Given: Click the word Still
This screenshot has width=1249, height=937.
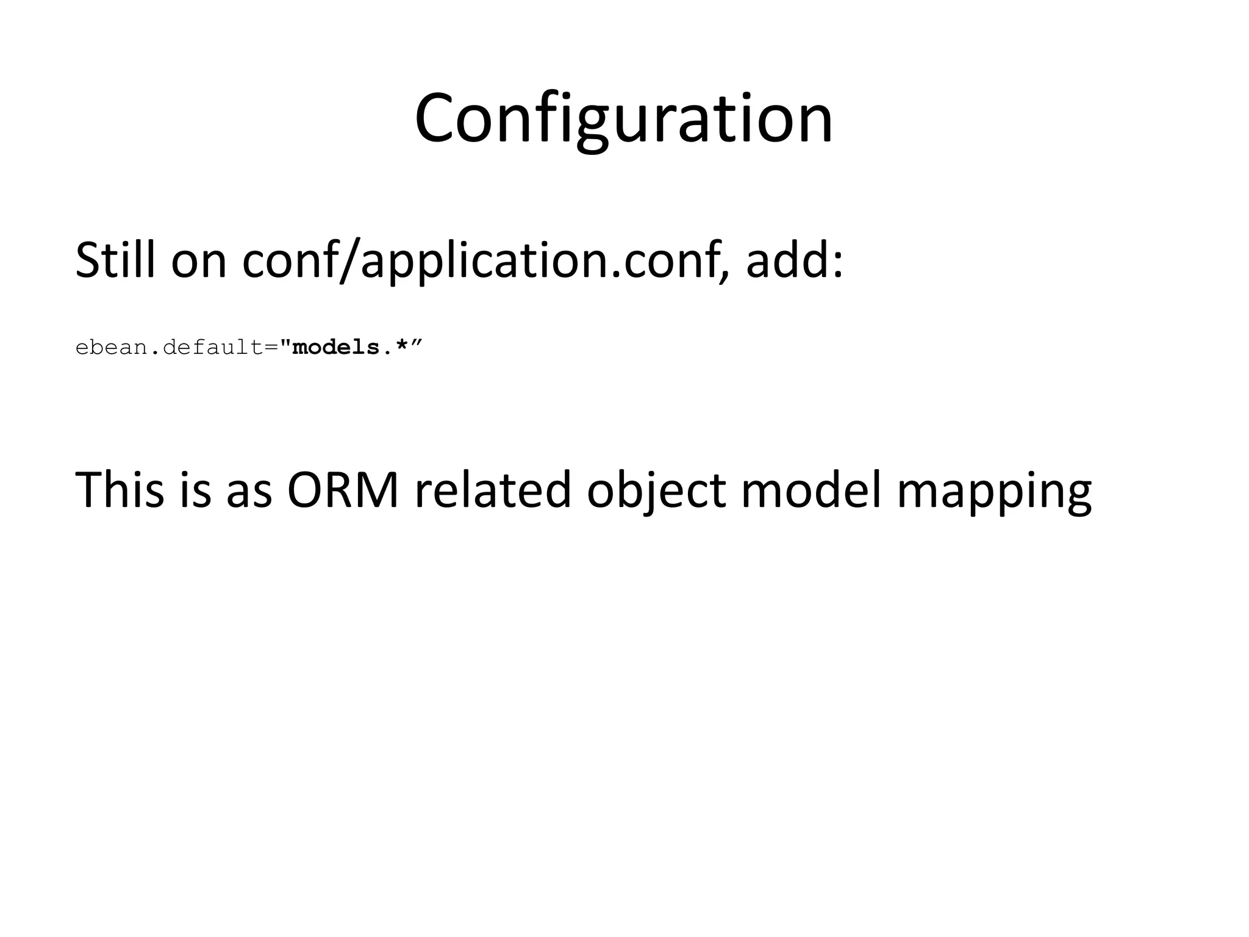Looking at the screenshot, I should [115, 260].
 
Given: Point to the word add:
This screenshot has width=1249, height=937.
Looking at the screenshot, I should [794, 260].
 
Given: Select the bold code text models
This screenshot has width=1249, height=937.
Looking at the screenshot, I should [336, 348].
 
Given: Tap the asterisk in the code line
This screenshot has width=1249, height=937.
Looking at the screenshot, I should [401, 346].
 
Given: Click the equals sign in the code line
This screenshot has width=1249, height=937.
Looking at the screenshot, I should [271, 348].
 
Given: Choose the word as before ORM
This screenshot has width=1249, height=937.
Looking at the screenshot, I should [249, 490].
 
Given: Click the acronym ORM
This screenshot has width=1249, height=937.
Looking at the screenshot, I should [343, 489].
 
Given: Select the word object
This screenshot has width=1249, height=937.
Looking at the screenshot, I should [656, 490].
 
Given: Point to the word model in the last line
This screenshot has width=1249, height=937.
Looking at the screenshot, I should [812, 489].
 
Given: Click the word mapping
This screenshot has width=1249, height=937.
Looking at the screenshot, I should [994, 490].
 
